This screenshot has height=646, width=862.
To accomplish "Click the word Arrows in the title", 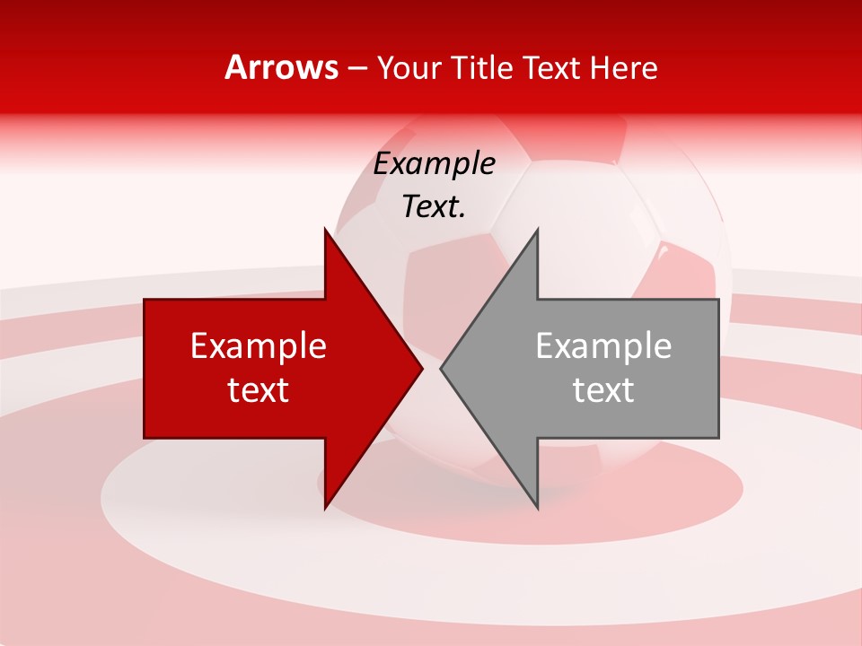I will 281,67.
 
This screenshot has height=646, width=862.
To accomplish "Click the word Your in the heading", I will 409,68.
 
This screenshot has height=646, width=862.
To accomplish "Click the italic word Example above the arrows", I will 435,164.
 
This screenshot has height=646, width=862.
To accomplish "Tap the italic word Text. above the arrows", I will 435,207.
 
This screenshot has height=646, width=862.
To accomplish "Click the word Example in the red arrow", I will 259,346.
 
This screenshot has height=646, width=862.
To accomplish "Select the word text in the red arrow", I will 259,390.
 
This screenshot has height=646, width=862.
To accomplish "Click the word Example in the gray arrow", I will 603,346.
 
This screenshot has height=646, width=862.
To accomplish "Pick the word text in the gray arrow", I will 603,390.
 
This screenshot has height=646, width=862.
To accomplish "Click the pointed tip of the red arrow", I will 422,369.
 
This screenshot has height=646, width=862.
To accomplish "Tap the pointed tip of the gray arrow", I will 441,369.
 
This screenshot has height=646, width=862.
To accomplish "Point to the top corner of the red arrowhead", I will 325,230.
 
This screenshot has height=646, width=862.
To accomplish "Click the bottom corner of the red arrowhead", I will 325,508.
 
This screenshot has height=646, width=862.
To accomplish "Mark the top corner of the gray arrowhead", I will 537,230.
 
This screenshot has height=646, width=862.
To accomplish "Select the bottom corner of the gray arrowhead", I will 537,508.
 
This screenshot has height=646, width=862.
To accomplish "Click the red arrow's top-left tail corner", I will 145,300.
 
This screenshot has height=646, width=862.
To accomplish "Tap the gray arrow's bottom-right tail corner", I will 718,438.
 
